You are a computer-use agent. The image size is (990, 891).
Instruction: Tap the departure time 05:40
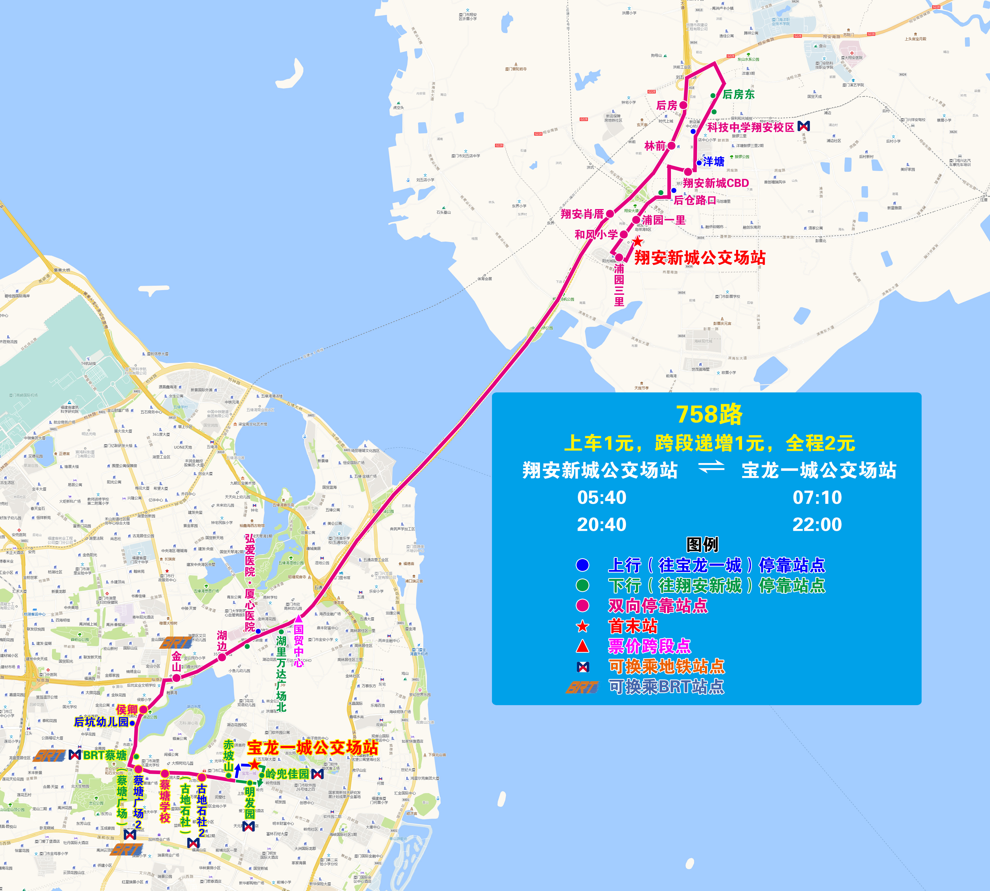602,498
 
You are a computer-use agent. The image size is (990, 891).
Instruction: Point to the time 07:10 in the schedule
817,498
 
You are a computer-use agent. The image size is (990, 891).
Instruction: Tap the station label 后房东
738,95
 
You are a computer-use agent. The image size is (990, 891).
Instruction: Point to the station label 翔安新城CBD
716,183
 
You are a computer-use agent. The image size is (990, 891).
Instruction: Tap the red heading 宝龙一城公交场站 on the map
312,748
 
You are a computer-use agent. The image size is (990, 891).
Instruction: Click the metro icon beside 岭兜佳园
317,774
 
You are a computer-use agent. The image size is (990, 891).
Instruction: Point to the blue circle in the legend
582,565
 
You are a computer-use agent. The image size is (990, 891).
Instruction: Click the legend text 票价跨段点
649,646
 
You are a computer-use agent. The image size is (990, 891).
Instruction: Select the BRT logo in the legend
582,687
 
